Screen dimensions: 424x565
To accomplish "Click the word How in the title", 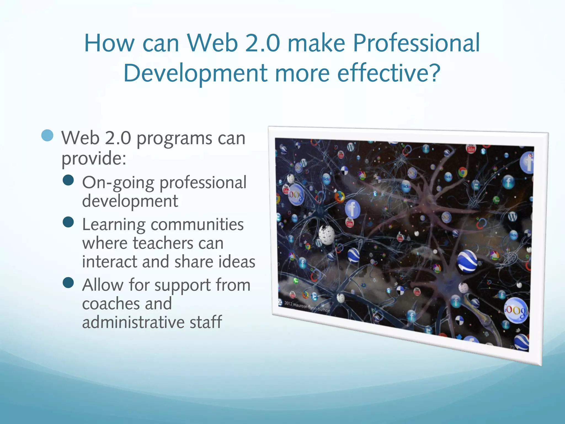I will click(x=109, y=43).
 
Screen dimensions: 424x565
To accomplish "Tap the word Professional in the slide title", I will click(x=416, y=43).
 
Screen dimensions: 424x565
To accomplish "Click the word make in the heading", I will click(x=316, y=43).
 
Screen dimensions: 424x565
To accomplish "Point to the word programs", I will click(x=174, y=139).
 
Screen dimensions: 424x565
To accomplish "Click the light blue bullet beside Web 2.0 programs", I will click(x=47, y=136).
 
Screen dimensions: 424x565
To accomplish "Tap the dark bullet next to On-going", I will click(x=68, y=181).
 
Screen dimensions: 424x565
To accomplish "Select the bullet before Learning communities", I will click(x=68, y=222).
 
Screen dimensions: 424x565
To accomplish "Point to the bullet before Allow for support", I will click(x=68, y=283).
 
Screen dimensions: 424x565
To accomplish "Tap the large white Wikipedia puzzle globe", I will click(x=327, y=235).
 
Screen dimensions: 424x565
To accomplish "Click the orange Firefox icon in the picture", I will click(x=340, y=197).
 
